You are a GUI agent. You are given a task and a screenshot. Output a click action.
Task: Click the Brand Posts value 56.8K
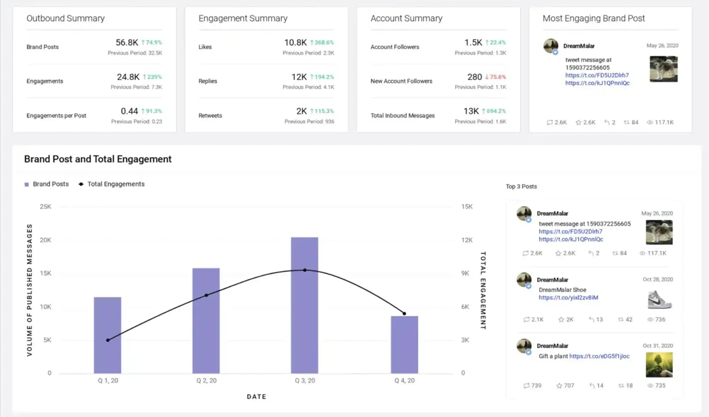(127, 42)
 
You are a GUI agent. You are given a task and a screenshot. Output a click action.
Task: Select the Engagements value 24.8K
(128, 77)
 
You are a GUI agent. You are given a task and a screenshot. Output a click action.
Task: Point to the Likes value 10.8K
(295, 42)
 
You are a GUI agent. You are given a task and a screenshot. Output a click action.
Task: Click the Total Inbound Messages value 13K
(471, 111)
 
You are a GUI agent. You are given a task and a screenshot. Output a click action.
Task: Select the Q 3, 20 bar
(305, 305)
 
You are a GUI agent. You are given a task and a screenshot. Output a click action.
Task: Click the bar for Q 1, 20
(107, 335)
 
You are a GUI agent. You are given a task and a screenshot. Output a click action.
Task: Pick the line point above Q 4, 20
(404, 313)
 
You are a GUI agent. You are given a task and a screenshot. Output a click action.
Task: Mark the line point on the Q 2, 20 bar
(206, 295)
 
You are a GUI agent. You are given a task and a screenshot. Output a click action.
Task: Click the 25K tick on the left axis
(45, 206)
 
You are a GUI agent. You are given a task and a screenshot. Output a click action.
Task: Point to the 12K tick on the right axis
(467, 240)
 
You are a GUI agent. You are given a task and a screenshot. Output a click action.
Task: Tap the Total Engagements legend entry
(112, 184)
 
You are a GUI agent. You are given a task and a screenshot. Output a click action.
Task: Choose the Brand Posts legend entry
(46, 184)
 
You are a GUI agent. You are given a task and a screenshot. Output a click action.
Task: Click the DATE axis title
(256, 396)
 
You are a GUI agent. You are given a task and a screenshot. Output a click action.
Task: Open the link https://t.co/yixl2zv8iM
(568, 297)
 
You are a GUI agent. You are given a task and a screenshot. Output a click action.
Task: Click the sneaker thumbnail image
(659, 299)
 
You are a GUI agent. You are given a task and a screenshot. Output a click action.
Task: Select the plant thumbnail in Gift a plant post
(659, 365)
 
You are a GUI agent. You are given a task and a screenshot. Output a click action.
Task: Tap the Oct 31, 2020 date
(658, 345)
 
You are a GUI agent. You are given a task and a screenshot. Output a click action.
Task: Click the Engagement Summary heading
(243, 18)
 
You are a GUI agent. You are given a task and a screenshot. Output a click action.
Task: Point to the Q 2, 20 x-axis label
(206, 381)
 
